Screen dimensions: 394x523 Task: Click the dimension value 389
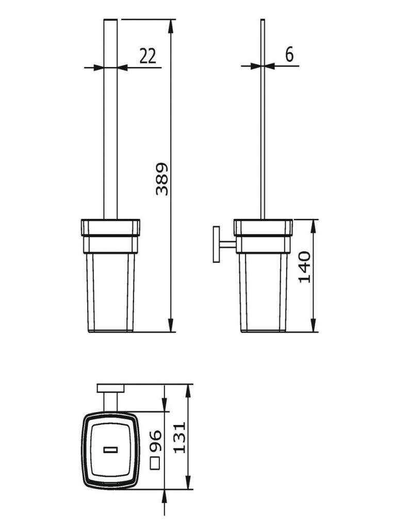162,179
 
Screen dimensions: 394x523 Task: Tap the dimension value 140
305,266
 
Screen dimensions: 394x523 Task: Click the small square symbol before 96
154,463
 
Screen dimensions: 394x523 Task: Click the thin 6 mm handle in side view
263,119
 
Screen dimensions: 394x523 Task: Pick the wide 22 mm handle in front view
111,119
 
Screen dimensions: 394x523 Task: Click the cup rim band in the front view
111,227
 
